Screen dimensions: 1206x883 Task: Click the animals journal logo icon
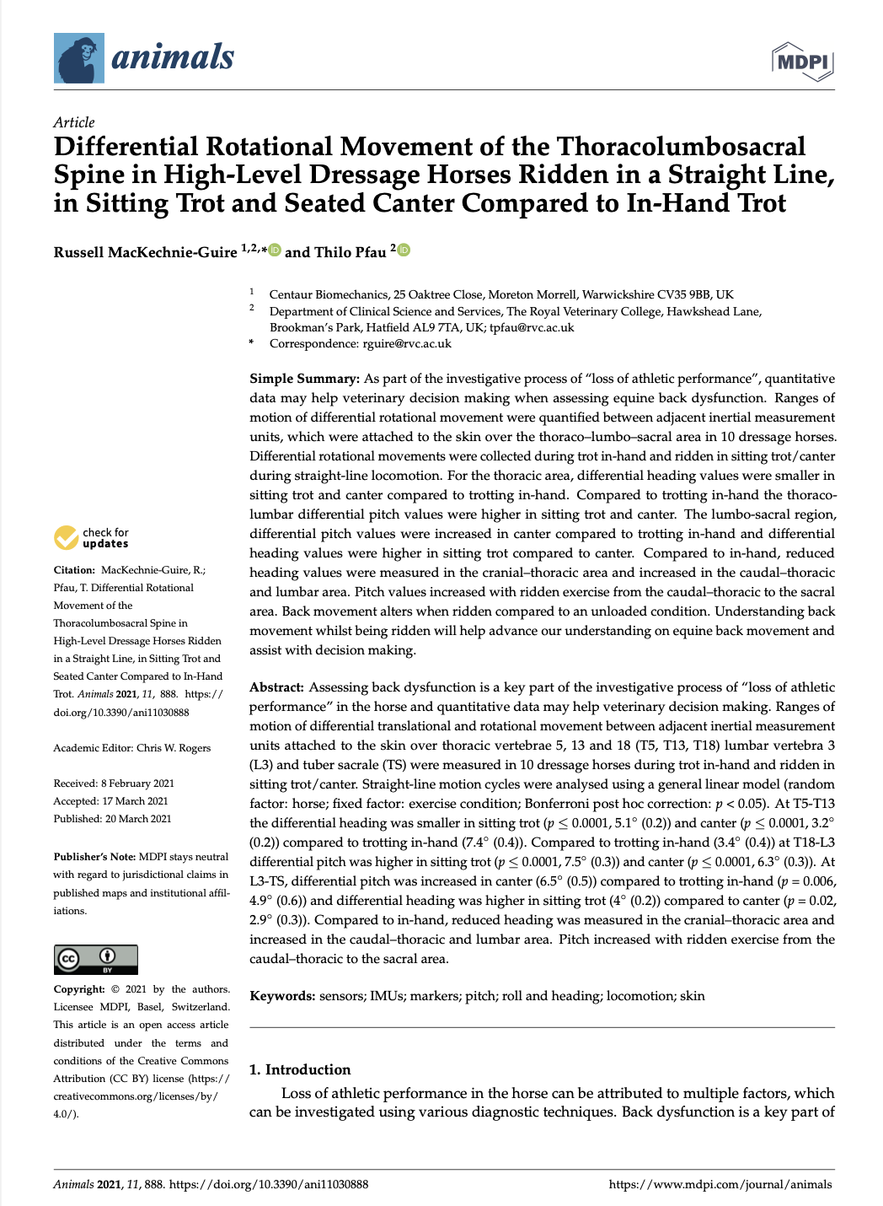tap(79, 58)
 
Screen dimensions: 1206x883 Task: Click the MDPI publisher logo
tap(803, 62)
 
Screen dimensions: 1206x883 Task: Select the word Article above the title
tap(74, 122)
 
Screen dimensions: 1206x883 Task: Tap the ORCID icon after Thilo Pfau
tap(404, 250)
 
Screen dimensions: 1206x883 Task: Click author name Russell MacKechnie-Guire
tap(145, 253)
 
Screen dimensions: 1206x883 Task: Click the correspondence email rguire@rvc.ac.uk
tap(407, 343)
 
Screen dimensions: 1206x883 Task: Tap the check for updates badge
tap(91, 537)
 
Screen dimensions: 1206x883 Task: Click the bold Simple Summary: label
tap(304, 379)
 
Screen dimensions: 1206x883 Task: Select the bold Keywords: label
tap(282, 996)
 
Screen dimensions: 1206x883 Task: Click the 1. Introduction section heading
tap(300, 1069)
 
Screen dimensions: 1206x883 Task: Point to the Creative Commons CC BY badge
tap(95, 960)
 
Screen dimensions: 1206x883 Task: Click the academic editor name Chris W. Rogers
tap(174, 748)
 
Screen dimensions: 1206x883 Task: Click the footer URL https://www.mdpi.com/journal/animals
tap(720, 1184)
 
